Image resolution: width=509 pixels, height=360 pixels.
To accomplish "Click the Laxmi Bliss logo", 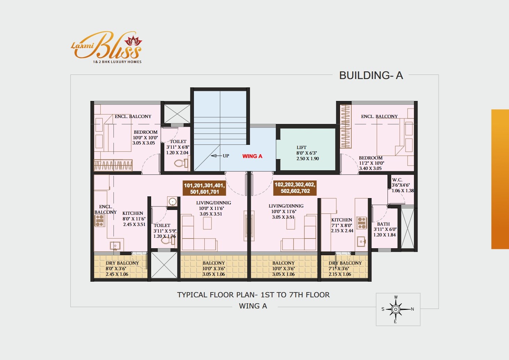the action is [x=106, y=47].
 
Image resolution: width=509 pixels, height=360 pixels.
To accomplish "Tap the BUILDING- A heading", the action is [x=371, y=76].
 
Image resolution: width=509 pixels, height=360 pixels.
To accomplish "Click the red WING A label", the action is [x=252, y=156].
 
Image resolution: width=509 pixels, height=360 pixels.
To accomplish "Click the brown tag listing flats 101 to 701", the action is [x=204, y=188].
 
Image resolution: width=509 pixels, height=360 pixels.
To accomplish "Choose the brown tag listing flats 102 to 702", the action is [x=295, y=188].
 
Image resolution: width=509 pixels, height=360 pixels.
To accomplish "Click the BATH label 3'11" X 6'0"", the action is [x=385, y=229].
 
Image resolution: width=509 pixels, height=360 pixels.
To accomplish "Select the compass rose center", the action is [x=396, y=309].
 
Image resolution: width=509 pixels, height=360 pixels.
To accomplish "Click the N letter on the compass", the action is [x=413, y=309].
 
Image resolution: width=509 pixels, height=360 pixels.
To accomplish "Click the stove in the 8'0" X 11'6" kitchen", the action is [x=100, y=221].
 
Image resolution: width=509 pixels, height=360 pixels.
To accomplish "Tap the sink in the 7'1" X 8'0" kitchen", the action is [x=361, y=241].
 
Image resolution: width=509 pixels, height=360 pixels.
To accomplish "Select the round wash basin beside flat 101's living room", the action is [x=172, y=202].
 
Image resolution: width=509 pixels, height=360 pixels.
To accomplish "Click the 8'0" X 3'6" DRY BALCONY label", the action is [x=122, y=269].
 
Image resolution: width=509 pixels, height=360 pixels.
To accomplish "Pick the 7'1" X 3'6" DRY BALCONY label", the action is [x=345, y=269].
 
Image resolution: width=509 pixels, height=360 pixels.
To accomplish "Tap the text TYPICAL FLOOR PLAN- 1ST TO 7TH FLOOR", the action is [x=253, y=295].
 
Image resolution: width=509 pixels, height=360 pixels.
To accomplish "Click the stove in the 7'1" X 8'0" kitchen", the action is [x=361, y=223].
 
